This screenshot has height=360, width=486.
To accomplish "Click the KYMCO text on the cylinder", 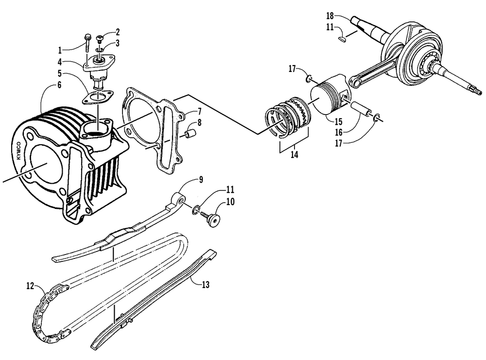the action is (x=19, y=151).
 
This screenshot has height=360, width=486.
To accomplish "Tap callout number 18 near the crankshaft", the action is (x=330, y=16).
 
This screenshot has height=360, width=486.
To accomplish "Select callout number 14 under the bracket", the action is (x=294, y=154).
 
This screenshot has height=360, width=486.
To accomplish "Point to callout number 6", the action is (x=59, y=85).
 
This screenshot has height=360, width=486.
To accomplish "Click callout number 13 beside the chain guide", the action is (x=206, y=284).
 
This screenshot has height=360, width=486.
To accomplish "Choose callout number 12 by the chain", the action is (x=30, y=286).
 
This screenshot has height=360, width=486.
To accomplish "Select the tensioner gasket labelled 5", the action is (x=97, y=97).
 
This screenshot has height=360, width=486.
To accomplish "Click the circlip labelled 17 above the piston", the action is (x=308, y=79).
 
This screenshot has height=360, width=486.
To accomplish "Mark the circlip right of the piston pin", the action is (x=376, y=118).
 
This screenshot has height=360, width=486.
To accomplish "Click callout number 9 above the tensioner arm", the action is (x=201, y=179).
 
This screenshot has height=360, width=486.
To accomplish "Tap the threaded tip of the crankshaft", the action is (x=478, y=91).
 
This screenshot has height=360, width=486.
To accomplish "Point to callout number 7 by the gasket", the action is (x=199, y=111).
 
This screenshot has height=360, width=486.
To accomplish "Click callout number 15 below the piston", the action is (x=338, y=121).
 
